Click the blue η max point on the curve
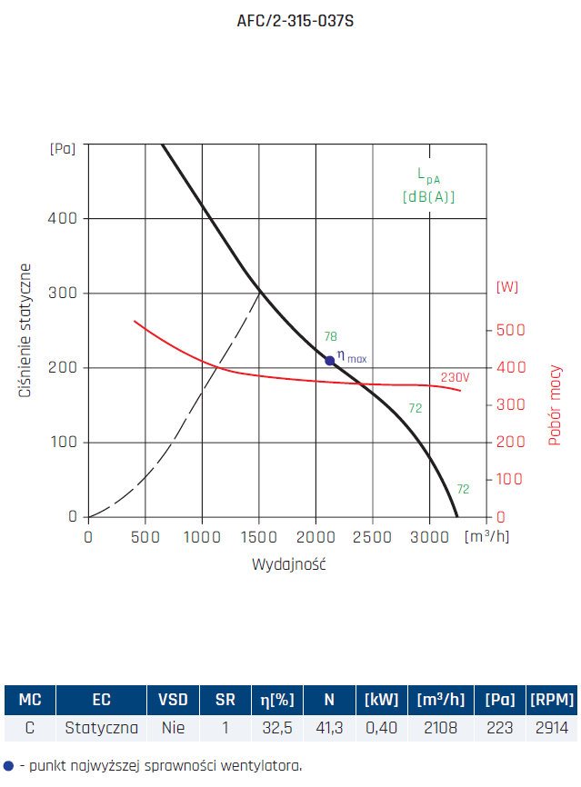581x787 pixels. click(x=330, y=361)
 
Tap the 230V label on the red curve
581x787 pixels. click(x=455, y=377)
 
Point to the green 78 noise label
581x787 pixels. click(x=331, y=337)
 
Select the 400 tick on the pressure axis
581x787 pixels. click(x=66, y=218)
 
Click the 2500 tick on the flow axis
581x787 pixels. click(x=374, y=536)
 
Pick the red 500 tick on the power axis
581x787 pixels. click(x=509, y=330)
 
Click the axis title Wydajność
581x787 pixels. click(x=288, y=564)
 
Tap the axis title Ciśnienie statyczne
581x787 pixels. click(x=26, y=332)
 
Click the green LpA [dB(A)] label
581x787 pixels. click(x=428, y=185)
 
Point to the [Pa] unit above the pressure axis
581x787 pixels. click(x=63, y=147)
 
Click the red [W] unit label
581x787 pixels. click(x=507, y=287)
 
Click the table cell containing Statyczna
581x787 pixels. click(x=101, y=728)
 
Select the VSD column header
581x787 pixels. click(x=173, y=700)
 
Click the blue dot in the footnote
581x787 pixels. click(x=9, y=766)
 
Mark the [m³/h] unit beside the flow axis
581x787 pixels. click(x=486, y=535)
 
